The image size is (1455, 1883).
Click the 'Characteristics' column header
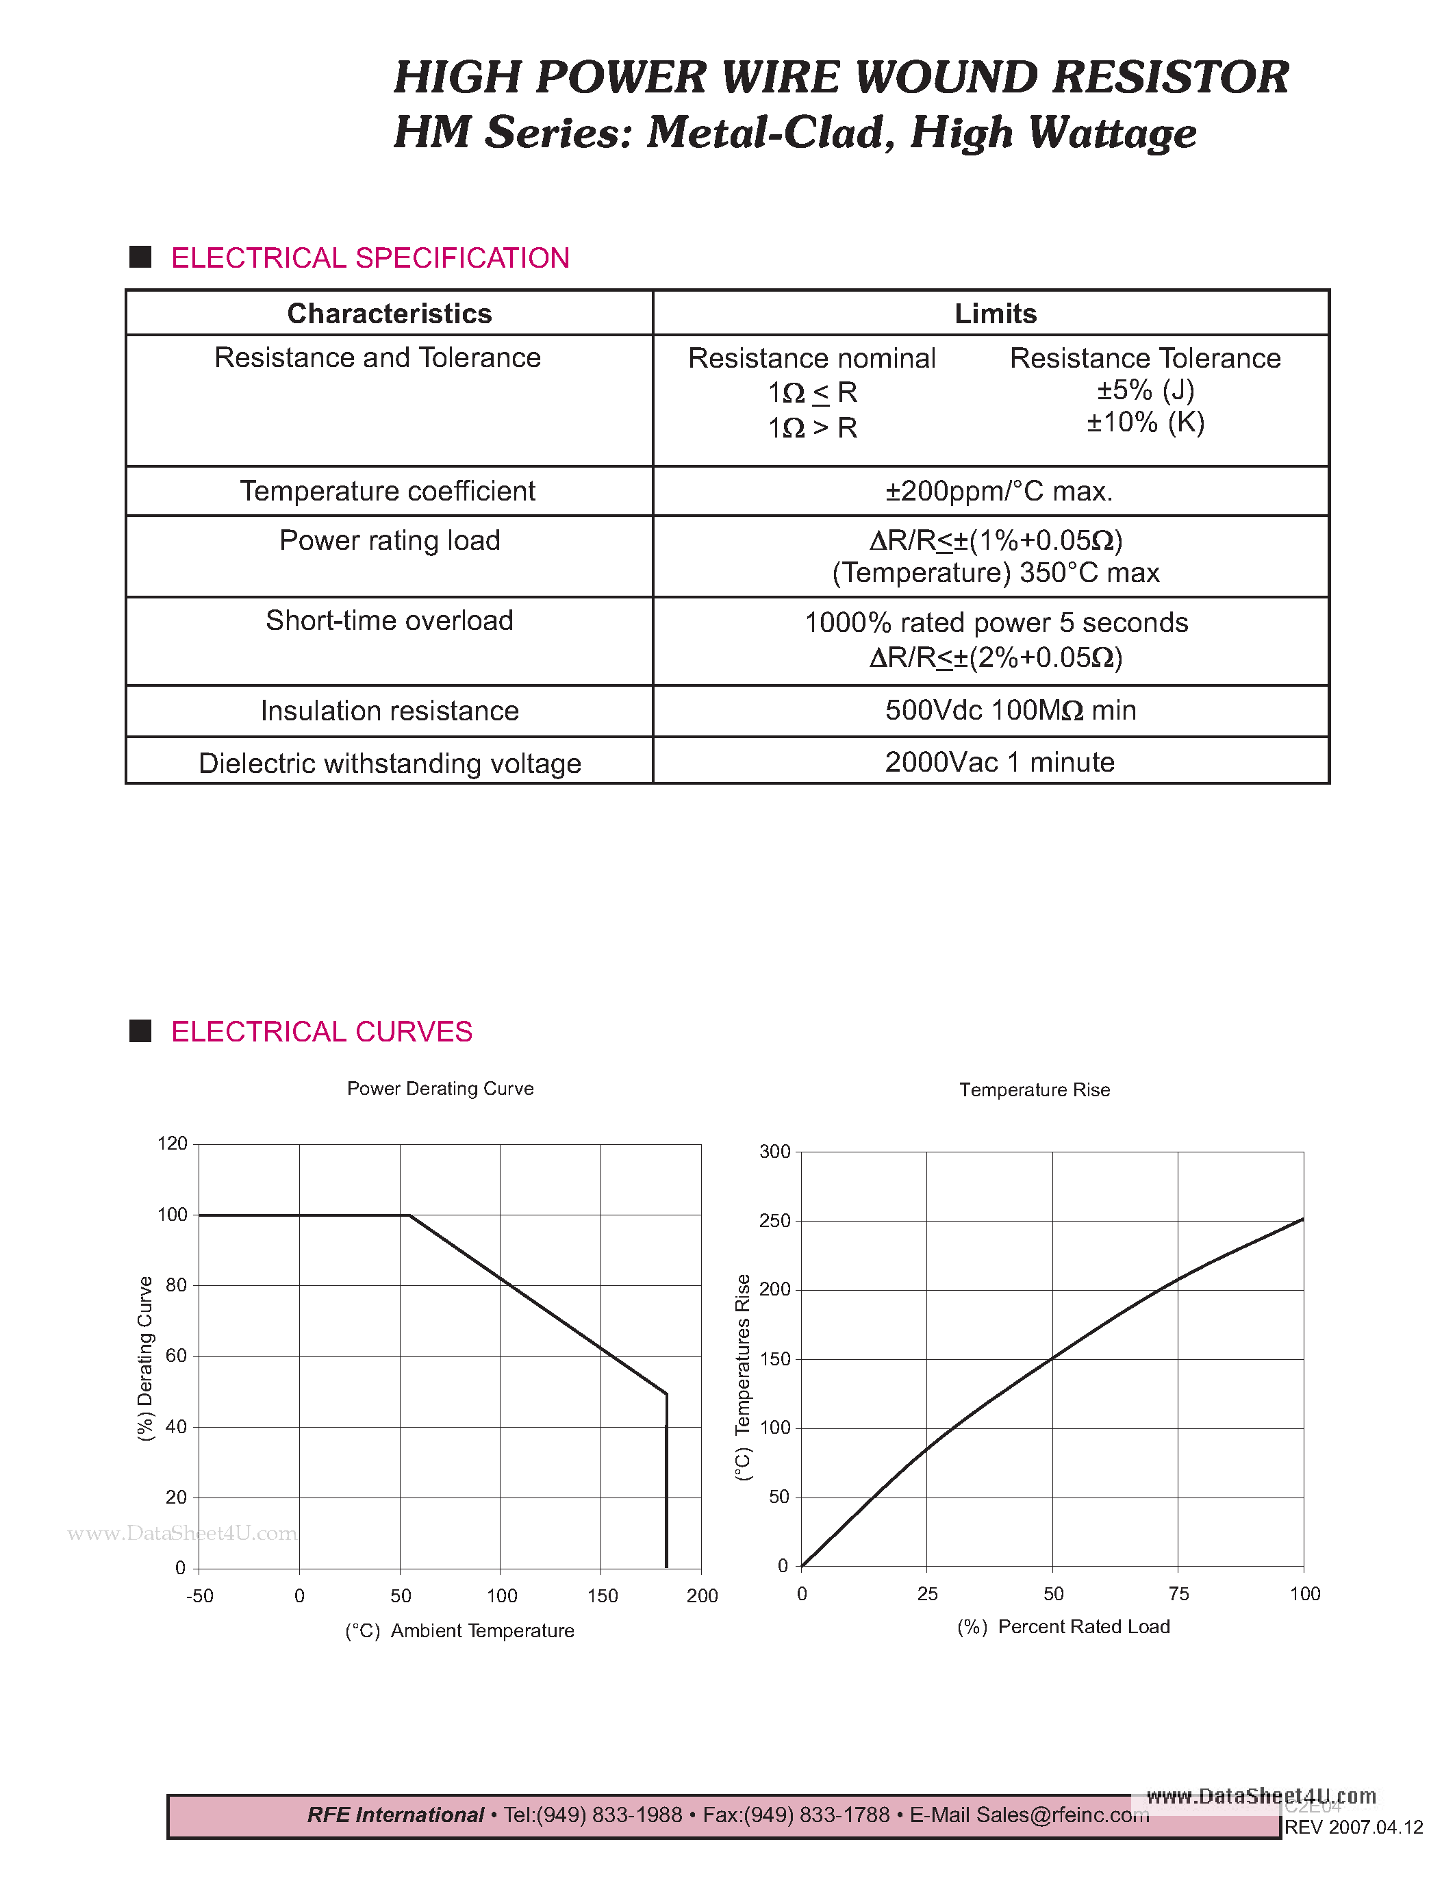click(389, 314)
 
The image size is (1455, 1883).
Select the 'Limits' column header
click(995, 314)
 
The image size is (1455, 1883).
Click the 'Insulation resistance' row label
click(390, 711)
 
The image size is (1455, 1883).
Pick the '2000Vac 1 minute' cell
click(999, 762)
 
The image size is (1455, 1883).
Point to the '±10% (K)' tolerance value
click(1145, 422)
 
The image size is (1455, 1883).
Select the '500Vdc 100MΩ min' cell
click(1010, 711)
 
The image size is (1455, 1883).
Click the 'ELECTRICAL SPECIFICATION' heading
click(370, 257)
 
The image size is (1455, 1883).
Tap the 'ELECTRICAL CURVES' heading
click(322, 1031)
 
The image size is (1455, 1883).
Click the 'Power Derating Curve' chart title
click(440, 1089)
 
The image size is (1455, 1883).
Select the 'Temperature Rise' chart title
click(1035, 1091)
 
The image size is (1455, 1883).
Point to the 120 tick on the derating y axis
click(173, 1144)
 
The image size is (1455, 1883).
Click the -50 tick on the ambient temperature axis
click(200, 1596)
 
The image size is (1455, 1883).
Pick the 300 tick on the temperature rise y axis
click(774, 1152)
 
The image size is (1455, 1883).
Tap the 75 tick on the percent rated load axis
click(1178, 1594)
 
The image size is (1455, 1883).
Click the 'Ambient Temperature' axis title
click(482, 1631)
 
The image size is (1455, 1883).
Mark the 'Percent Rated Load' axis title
click(1083, 1627)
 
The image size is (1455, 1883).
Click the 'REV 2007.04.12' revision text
click(1353, 1828)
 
